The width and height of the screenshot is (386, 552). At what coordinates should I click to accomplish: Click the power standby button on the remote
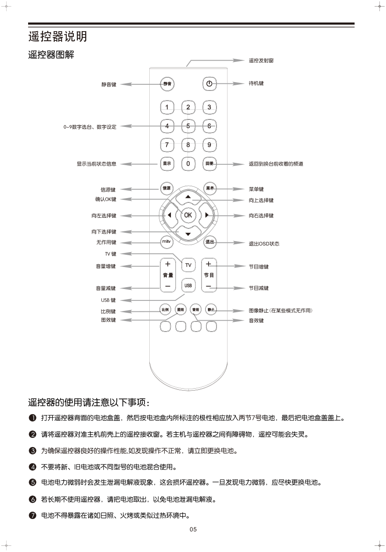click(209, 83)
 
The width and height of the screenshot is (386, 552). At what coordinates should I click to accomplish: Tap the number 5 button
click(188, 126)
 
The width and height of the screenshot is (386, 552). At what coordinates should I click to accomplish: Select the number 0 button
click(188, 163)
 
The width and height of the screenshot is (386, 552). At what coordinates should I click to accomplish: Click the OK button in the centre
click(188, 215)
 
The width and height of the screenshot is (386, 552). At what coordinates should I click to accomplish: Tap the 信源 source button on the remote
click(166, 188)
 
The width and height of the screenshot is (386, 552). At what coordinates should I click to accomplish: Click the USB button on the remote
click(188, 285)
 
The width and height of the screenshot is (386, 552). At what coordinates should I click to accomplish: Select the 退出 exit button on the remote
click(209, 242)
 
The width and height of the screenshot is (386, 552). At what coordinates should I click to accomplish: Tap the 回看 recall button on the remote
click(209, 163)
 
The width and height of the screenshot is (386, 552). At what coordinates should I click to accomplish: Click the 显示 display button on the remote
click(166, 163)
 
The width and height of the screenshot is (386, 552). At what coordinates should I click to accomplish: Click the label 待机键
click(256, 83)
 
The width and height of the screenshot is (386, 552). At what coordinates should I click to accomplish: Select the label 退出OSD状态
click(264, 243)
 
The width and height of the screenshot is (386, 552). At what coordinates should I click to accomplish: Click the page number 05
click(193, 529)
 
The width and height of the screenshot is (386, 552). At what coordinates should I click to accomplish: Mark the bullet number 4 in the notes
click(32, 466)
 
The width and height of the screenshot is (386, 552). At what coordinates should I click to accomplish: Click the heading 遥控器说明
click(58, 36)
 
